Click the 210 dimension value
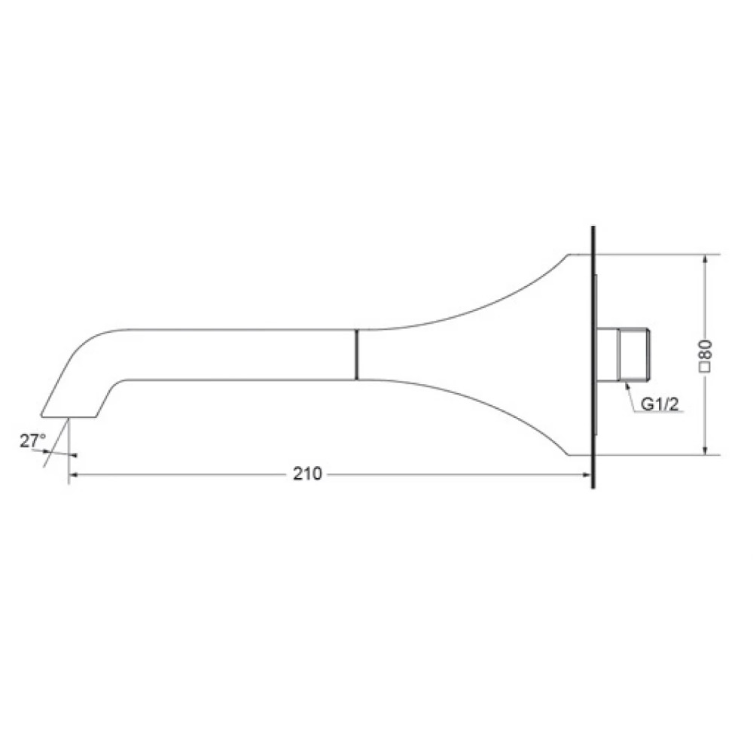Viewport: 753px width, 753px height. point(307,474)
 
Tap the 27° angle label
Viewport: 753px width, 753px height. point(32,441)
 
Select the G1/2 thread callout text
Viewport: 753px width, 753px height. point(660,404)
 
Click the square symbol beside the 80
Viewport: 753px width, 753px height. point(706,367)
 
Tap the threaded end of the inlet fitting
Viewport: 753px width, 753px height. point(634,355)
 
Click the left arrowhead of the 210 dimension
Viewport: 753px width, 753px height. point(74,474)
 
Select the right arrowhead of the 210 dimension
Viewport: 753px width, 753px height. point(587,474)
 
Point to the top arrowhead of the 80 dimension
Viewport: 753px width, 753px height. point(705,259)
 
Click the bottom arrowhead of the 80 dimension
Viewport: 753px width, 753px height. point(705,450)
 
